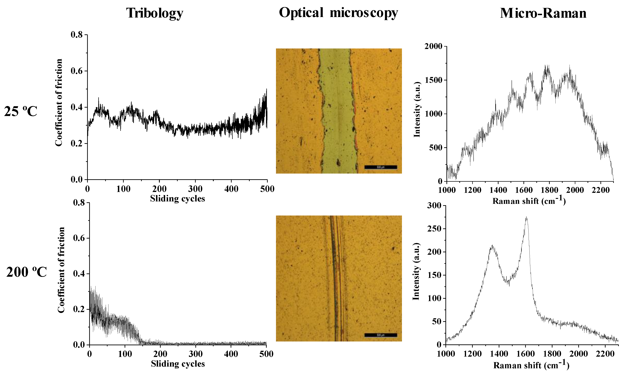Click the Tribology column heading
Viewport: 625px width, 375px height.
155,13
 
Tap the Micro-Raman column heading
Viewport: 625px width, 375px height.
543,13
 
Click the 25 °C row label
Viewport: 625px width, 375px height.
21,111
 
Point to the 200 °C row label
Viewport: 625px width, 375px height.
26,272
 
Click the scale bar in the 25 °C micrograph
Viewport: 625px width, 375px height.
380,167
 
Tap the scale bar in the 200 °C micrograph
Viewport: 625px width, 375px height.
380,335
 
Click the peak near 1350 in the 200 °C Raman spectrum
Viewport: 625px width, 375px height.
492,246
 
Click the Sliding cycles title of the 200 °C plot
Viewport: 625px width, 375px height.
178,364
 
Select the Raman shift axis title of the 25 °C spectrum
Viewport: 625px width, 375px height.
529,201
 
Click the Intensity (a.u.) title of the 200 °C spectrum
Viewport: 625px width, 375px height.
416,272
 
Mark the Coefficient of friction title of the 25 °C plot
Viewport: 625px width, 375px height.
59,103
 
